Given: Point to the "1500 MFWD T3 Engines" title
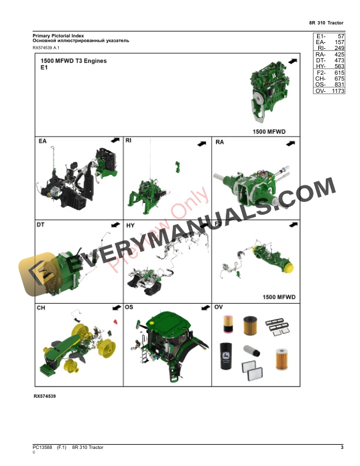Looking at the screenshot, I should tap(74, 61).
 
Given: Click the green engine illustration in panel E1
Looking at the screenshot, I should tap(269, 94).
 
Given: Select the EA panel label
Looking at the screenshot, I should tap(42, 142).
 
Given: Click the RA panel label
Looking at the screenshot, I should tap(220, 142).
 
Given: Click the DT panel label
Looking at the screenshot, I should tap(41, 224).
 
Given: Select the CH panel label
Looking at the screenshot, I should tap(41, 307).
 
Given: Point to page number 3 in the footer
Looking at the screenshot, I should tap(342, 448).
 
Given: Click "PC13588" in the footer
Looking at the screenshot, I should tap(42, 448).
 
